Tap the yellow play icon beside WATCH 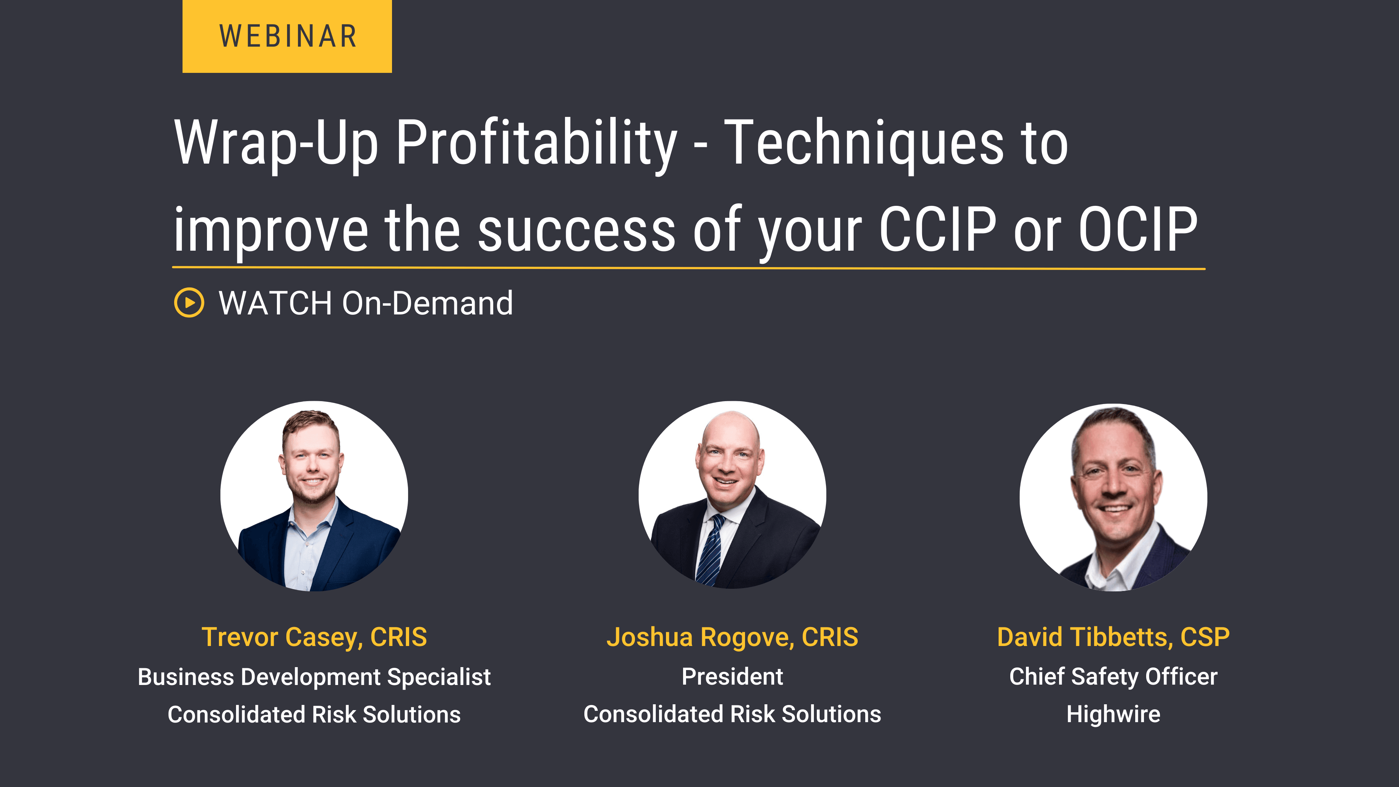[189, 302]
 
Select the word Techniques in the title [863, 142]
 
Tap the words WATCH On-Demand [365, 303]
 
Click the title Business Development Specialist [314, 677]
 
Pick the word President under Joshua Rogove [732, 677]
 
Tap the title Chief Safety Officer [1113, 677]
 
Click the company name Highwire [1113, 714]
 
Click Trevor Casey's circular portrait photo [314, 496]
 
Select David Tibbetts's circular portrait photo [1113, 497]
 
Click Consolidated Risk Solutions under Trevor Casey [314, 714]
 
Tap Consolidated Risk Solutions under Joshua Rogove [732, 714]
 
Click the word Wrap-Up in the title [276, 142]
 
